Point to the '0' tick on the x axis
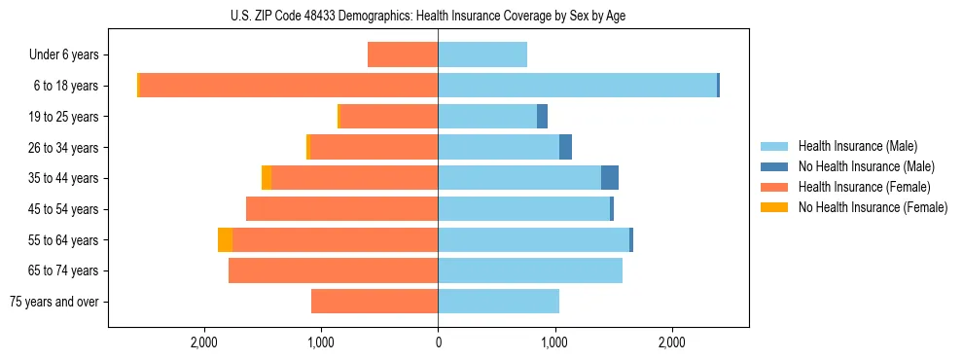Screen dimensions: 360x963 [x=438, y=342]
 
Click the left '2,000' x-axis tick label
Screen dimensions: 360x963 [x=204, y=342]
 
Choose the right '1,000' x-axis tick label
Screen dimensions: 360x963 [x=554, y=342]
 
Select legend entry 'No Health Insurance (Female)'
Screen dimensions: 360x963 [x=873, y=207]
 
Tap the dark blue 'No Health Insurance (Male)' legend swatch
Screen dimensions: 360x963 [x=775, y=166]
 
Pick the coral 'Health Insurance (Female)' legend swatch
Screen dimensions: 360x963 [x=775, y=187]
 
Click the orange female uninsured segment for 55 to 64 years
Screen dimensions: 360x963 [x=225, y=239]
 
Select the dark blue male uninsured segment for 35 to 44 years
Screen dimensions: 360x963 [x=610, y=178]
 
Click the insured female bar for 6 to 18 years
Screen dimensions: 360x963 [x=289, y=86]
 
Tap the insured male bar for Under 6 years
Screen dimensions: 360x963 [x=482, y=55]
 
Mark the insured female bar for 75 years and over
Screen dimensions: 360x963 [x=374, y=302]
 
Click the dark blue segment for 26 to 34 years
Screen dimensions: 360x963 [x=565, y=147]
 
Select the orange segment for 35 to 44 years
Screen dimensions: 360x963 [x=267, y=178]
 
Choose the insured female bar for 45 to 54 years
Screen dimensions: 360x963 [x=341, y=209]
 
